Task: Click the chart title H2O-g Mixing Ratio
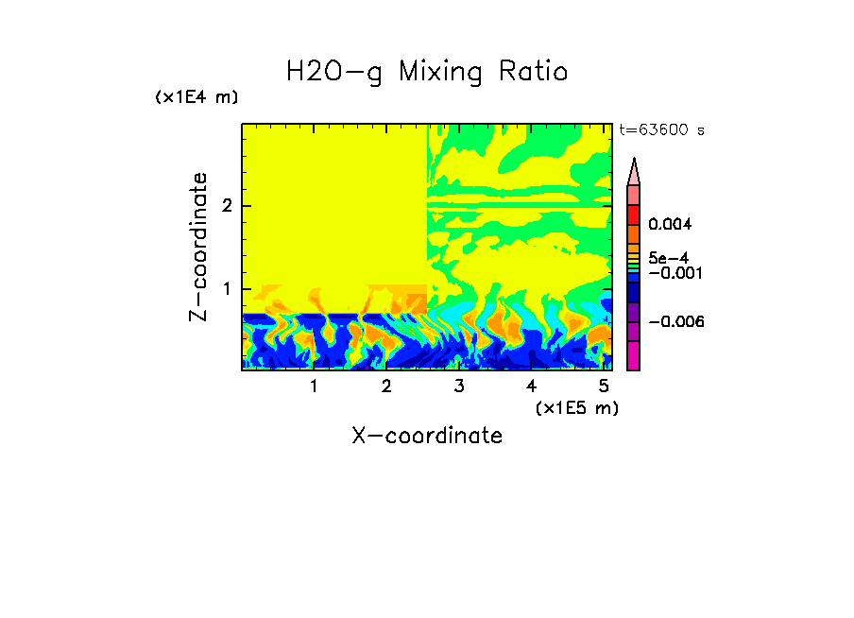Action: tap(427, 72)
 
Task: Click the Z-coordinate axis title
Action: tap(198, 247)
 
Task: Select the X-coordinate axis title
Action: tap(427, 436)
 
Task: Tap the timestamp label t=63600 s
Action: tap(661, 130)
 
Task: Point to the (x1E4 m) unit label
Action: tap(196, 97)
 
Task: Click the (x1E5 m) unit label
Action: tap(576, 407)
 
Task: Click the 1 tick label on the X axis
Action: tap(314, 386)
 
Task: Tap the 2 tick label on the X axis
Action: tap(386, 386)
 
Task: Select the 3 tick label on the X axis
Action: tap(459, 386)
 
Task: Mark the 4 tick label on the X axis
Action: tap(531, 386)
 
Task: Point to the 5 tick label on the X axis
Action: tap(604, 386)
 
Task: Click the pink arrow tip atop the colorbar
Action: tap(634, 171)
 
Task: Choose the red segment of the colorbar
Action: tap(634, 215)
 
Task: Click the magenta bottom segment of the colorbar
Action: tap(634, 356)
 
